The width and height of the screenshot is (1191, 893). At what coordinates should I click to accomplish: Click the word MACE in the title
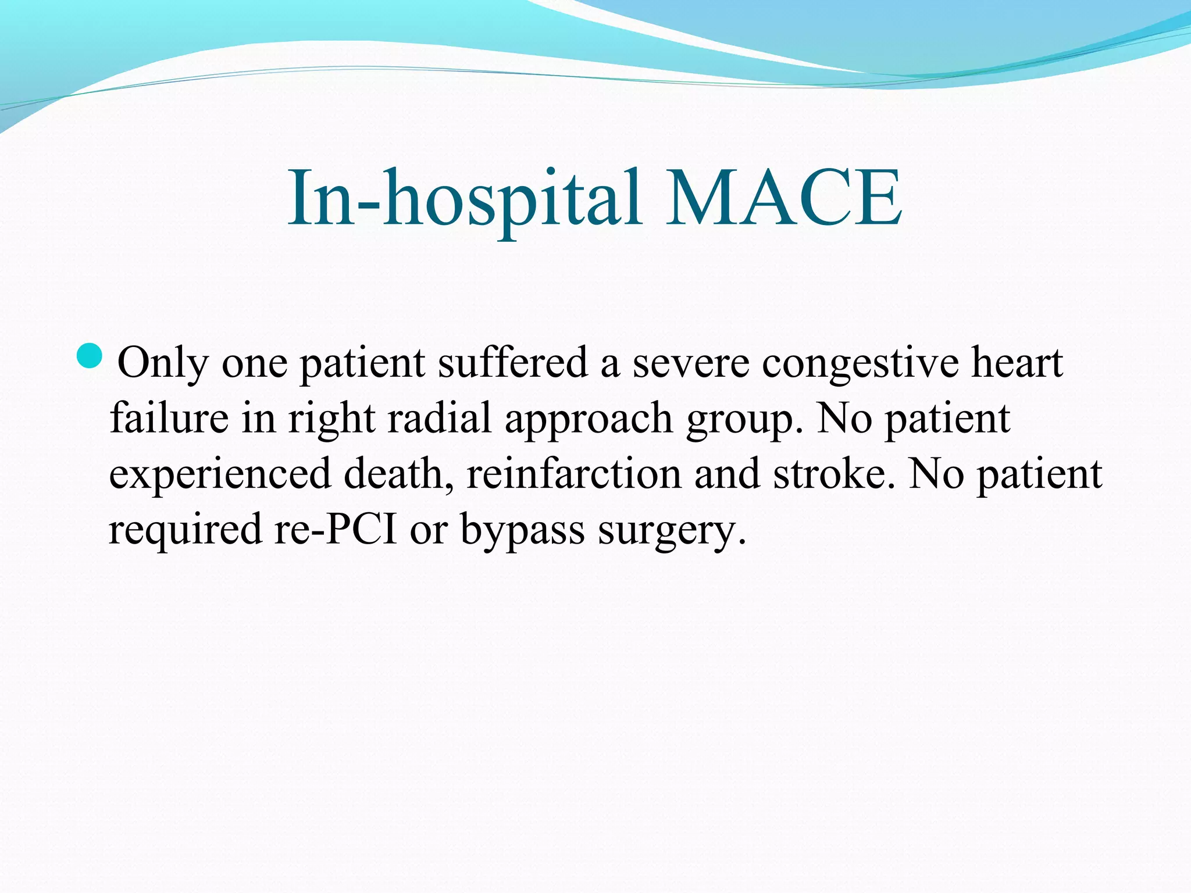pyautogui.click(x=783, y=198)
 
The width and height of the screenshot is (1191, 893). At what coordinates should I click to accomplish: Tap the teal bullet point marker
pyautogui.click(x=90, y=356)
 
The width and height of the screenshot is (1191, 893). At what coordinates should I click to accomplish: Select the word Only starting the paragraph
pyautogui.click(x=162, y=363)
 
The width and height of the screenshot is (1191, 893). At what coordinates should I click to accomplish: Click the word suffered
pyautogui.click(x=512, y=363)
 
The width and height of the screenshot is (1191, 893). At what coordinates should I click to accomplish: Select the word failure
pyautogui.click(x=169, y=418)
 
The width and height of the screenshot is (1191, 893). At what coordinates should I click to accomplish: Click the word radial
pyautogui.click(x=440, y=418)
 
